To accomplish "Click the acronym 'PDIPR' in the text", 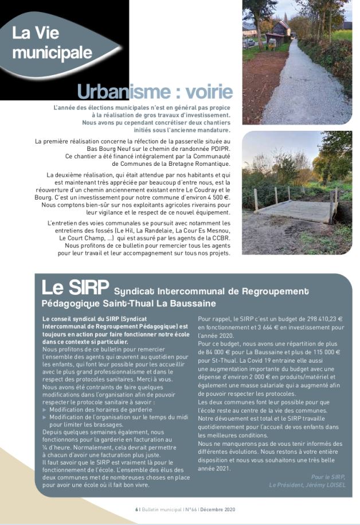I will (x=218, y=148).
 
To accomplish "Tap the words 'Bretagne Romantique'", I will (x=200, y=164).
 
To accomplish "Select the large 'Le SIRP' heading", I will (x=74, y=287).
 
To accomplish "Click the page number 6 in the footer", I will (x=136, y=510).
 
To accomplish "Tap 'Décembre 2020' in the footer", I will (x=216, y=510).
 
